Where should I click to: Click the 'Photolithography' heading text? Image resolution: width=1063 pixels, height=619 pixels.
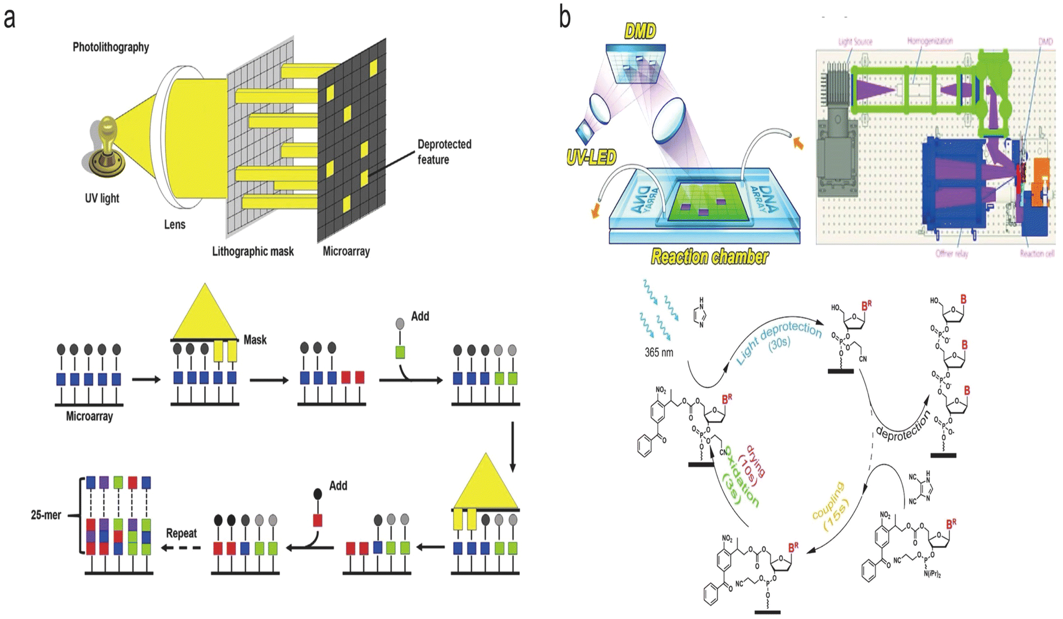click(x=111, y=47)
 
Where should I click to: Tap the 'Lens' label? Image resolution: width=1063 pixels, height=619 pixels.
click(x=175, y=225)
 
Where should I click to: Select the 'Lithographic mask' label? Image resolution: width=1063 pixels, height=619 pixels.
click(x=253, y=251)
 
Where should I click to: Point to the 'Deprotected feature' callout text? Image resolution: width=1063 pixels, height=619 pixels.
click(x=444, y=152)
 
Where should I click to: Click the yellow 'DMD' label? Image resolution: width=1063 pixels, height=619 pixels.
click(x=639, y=32)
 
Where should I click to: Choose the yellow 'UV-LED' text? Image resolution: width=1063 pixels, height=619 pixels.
click(x=591, y=158)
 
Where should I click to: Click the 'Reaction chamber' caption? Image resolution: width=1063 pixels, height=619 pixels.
click(x=709, y=257)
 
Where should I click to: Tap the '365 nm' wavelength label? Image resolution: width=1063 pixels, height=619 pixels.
click(x=658, y=352)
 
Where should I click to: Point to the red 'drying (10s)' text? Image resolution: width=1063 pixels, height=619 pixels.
click(x=752, y=469)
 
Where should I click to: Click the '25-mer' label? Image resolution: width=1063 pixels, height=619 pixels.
click(x=46, y=515)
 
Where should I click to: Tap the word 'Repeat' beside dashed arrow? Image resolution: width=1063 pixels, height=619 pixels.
click(x=181, y=533)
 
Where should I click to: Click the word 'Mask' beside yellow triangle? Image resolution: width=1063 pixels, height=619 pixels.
click(x=255, y=340)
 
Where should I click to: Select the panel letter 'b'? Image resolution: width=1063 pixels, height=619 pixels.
click(x=565, y=17)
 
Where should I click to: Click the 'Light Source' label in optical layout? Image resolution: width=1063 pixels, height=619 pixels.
click(x=855, y=42)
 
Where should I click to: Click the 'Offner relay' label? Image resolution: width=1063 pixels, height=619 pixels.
click(x=952, y=254)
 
